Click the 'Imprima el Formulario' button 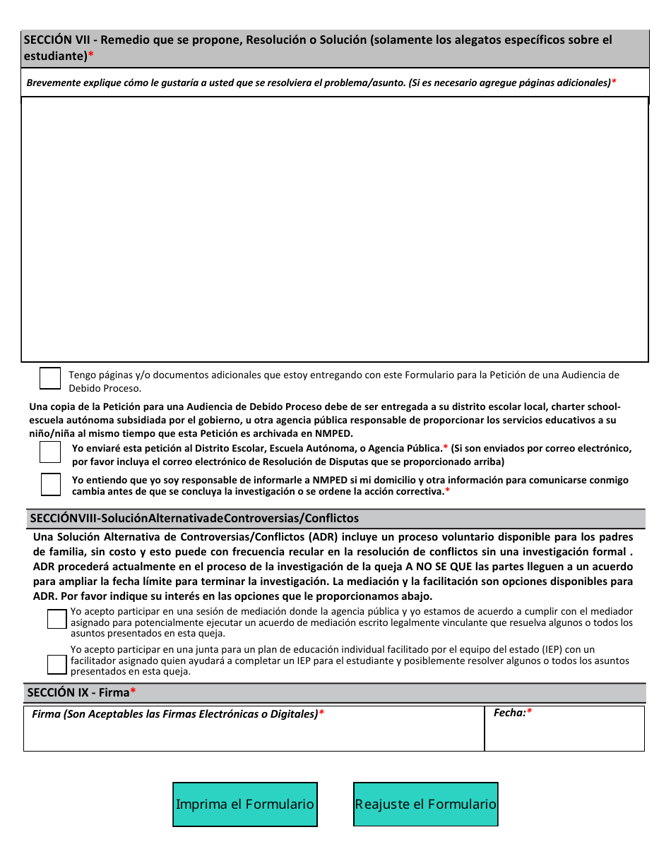pos(244,804)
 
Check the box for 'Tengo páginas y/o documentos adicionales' pos(50,378)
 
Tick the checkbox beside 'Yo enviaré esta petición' pos(50,452)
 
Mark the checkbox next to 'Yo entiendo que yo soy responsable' pos(50,484)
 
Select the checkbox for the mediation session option pos(57,620)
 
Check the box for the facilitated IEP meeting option pos(57,664)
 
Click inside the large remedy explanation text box pos(335,229)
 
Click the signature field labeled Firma pos(254,734)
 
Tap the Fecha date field pos(564,734)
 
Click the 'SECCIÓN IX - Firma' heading pos(78,693)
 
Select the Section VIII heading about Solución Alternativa pos(194,519)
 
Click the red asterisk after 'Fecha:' pos(530,713)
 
